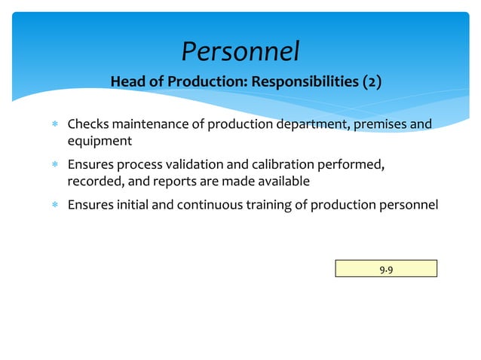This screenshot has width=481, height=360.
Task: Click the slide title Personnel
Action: (240, 51)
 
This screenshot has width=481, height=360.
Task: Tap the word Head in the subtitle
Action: (127, 81)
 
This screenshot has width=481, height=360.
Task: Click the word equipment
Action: (100, 141)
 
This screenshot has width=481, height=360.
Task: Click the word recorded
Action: (91, 182)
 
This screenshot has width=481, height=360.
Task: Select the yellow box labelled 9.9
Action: (386, 268)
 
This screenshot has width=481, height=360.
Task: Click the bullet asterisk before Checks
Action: (54, 124)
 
